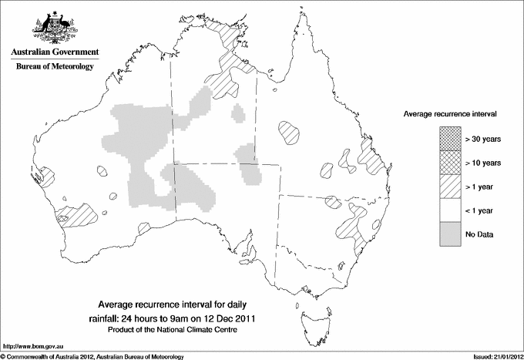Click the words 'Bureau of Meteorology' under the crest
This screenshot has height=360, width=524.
[54, 67]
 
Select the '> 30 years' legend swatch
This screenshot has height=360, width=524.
[448, 139]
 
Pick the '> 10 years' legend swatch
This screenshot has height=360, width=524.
[448, 162]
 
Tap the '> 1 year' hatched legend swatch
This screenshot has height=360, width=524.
[448, 187]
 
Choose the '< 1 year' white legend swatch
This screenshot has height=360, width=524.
[448, 210]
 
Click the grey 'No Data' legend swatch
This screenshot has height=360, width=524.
[448, 234]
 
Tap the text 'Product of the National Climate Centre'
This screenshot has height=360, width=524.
[178, 330]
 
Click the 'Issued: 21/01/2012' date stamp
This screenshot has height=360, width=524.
[493, 356]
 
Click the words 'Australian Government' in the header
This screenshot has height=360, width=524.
[54, 52]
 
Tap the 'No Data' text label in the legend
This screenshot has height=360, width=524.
[479, 234]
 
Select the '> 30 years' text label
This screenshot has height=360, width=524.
[483, 139]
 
